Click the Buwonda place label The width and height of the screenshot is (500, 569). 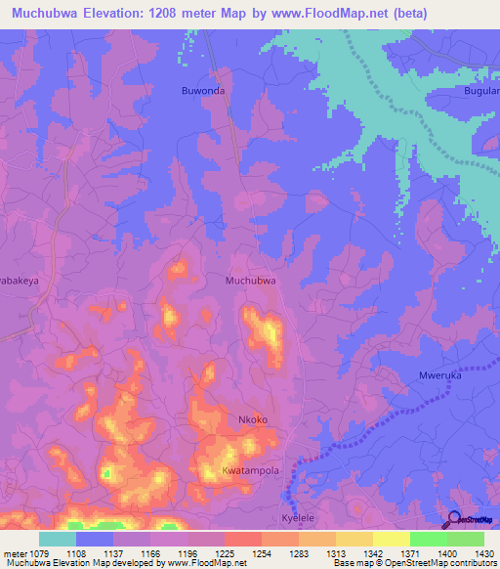[x=203, y=91]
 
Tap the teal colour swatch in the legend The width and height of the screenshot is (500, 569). [x=58, y=539]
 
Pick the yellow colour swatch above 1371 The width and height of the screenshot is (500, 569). [x=391, y=539]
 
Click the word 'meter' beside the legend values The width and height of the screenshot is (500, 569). [x=14, y=552]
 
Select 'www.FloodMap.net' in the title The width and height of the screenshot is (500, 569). [x=359, y=13]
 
